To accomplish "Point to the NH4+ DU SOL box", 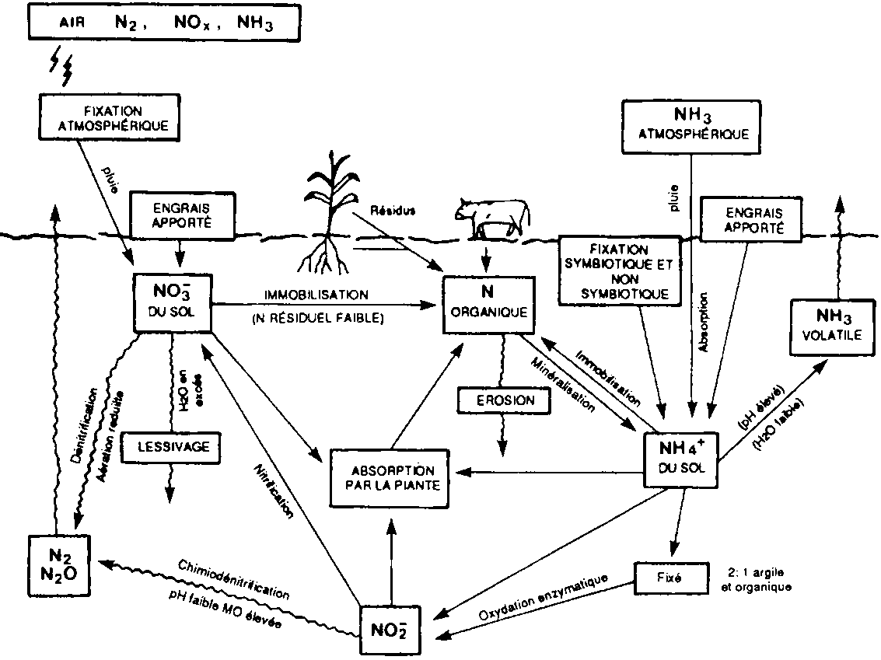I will [682, 458].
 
